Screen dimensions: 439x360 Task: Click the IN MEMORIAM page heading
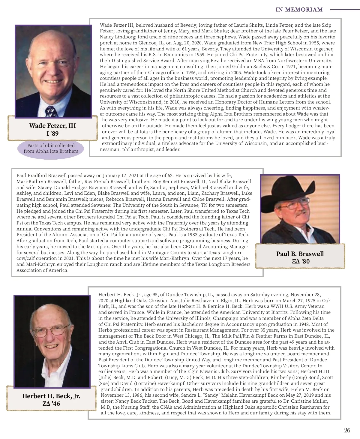(x=299, y=10)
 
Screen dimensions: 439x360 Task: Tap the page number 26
(x=347, y=430)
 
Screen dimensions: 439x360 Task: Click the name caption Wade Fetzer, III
(x=52, y=126)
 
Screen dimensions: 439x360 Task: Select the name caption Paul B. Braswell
(x=300, y=254)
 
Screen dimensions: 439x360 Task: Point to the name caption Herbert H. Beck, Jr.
(x=51, y=396)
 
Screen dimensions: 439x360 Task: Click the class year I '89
(x=52, y=134)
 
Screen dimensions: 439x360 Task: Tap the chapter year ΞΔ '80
(x=301, y=261)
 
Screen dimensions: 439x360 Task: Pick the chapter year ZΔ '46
(x=51, y=404)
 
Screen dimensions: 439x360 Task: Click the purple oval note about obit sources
(x=51, y=149)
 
